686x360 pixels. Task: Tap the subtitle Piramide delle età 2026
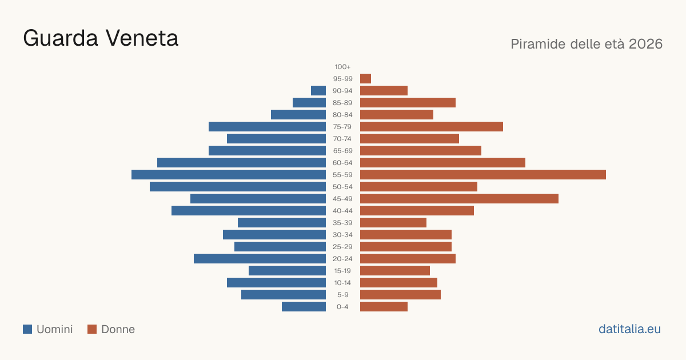587,44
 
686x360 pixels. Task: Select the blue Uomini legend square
27,329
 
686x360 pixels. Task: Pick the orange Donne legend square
92,329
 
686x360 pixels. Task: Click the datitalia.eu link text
629,329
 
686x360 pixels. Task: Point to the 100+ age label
342,67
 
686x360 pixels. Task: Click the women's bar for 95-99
366,79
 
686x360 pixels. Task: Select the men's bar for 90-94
318,91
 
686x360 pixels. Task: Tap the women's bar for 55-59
483,174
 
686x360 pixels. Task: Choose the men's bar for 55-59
229,174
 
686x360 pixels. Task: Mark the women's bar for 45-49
460,199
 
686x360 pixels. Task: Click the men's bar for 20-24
260,259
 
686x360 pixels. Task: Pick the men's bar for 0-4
304,307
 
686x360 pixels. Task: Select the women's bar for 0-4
384,307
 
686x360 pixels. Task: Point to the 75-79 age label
342,127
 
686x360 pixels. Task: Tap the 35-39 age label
342,222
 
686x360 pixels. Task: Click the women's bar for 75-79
432,127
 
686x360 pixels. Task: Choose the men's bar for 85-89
309,102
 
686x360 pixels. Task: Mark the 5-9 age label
342,295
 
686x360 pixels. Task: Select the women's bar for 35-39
393,222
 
